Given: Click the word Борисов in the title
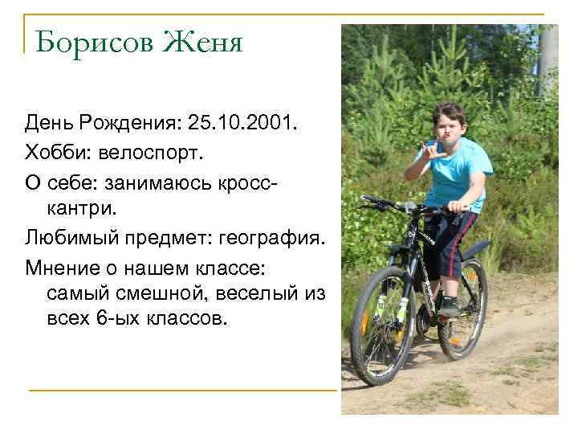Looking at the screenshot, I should click(94, 41).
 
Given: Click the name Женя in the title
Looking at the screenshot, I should click(203, 41).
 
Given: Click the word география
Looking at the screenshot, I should click(272, 239).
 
